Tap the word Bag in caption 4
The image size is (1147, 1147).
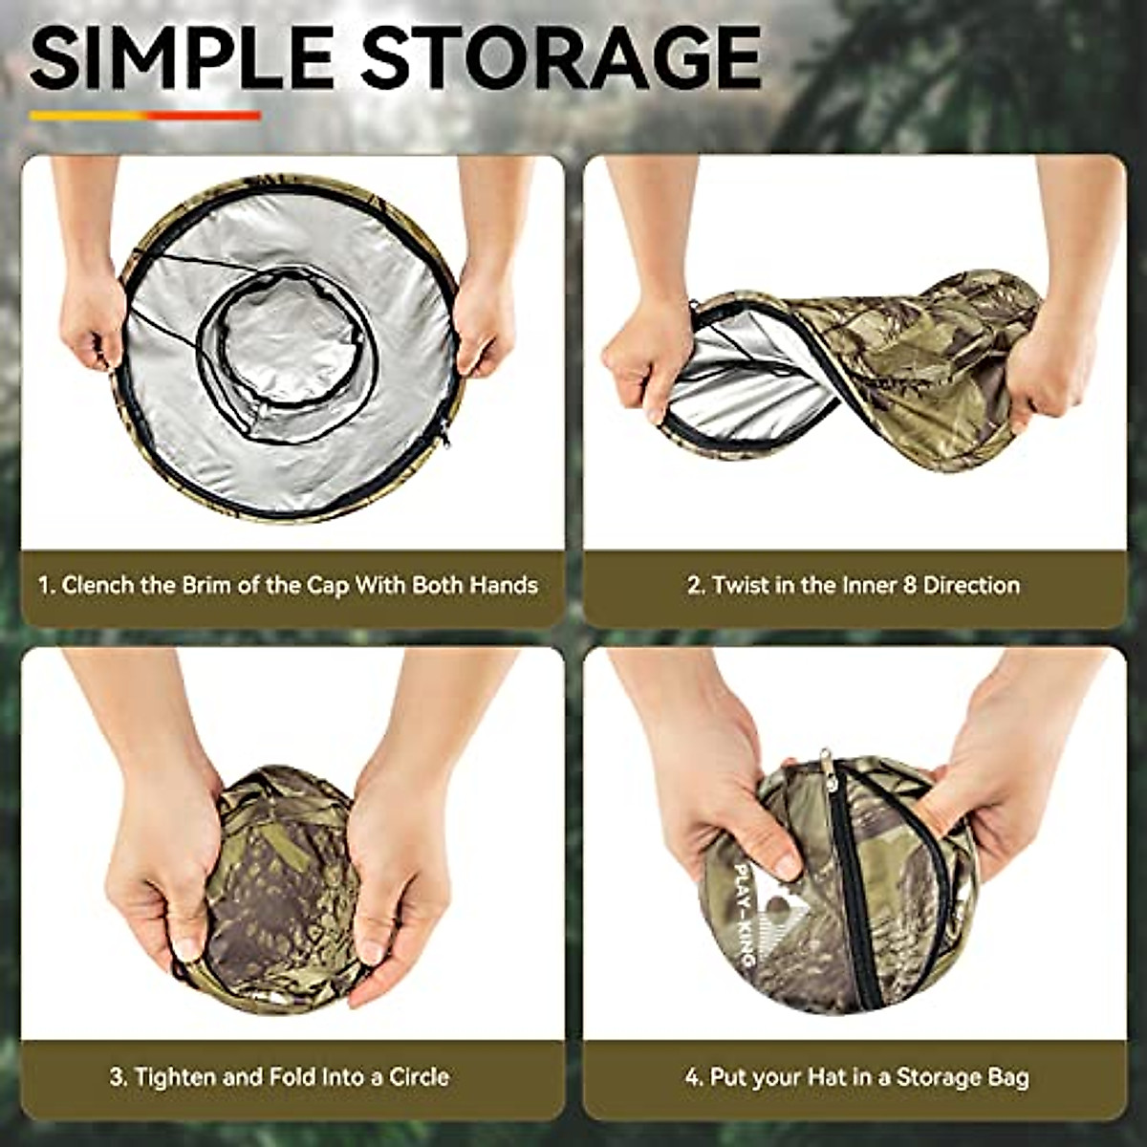tap(1007, 1077)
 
